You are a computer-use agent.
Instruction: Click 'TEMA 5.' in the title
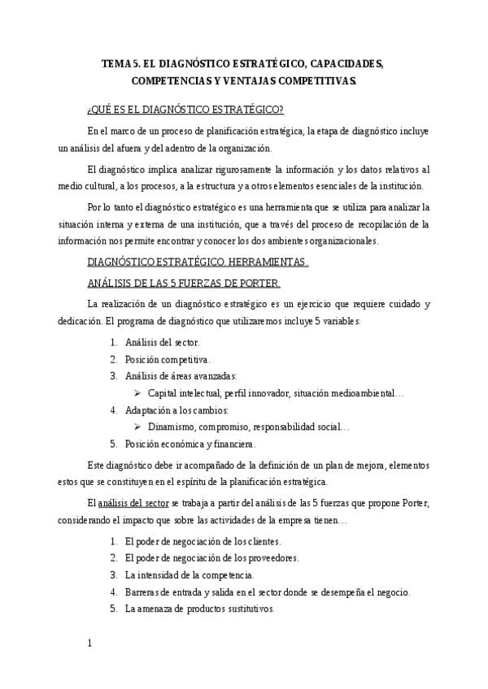pyautogui.click(x=119, y=63)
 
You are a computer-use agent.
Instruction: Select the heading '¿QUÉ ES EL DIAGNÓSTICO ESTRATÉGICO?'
pyautogui.click(x=185, y=110)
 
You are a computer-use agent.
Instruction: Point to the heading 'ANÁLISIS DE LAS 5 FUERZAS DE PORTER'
pyautogui.click(x=183, y=283)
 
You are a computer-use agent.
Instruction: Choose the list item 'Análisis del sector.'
pyautogui.click(x=162, y=342)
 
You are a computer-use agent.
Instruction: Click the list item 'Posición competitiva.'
pyautogui.click(x=168, y=358)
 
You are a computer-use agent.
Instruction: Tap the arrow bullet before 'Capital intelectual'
pyautogui.click(x=138, y=393)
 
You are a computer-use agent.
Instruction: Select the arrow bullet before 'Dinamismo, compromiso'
pyautogui.click(x=138, y=427)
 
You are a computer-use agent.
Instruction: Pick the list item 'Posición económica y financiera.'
pyautogui.click(x=190, y=444)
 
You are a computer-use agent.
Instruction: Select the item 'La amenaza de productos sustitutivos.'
pyautogui.click(x=199, y=609)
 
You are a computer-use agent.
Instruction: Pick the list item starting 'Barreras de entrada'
pyautogui.click(x=268, y=591)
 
